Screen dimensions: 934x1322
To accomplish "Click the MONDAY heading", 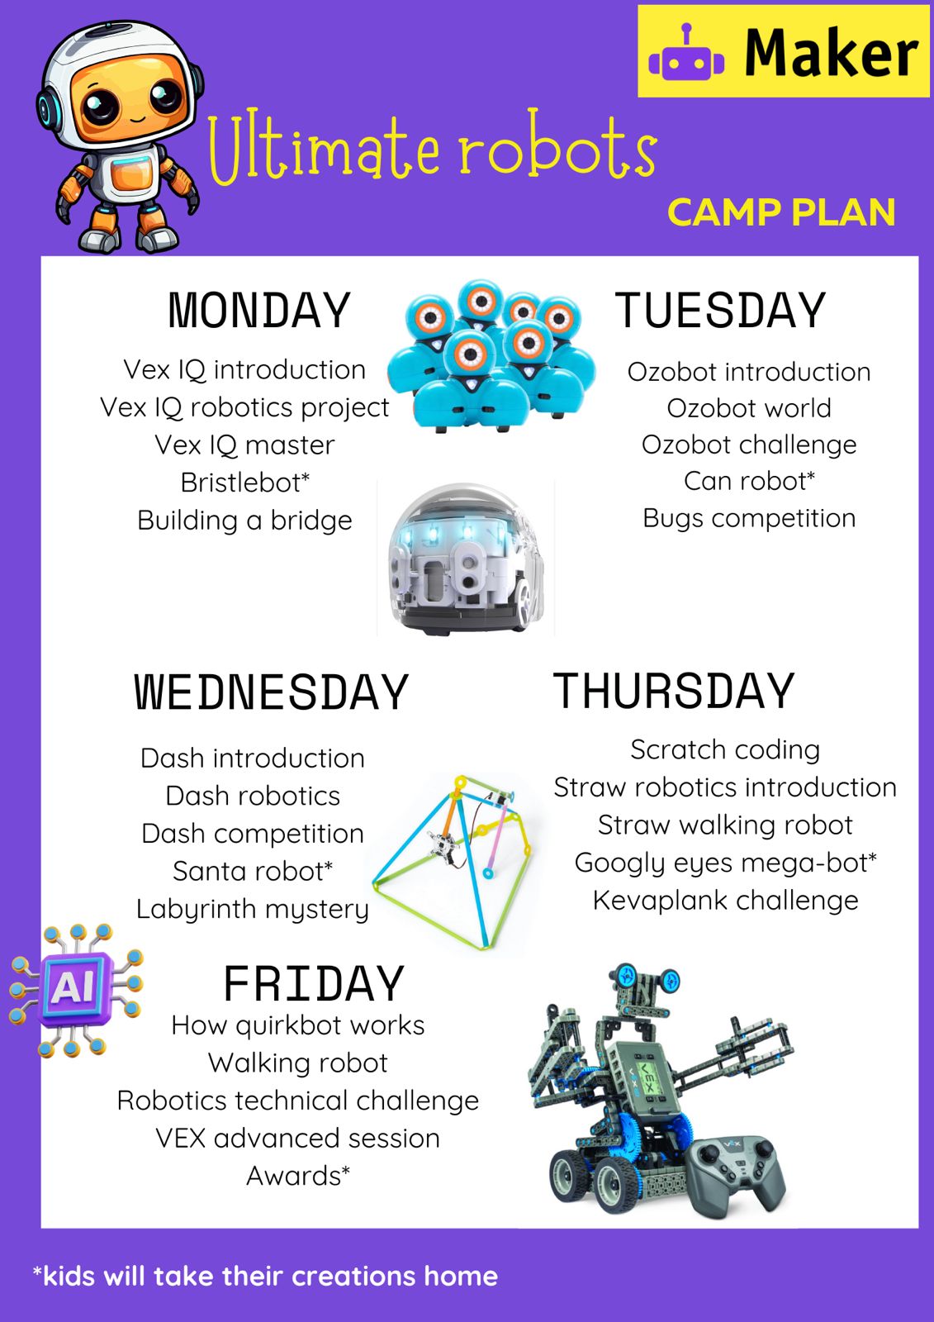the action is [x=259, y=311].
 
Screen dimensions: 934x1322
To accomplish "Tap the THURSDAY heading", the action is [x=674, y=691].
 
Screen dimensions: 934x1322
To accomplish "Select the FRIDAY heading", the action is [x=314, y=983].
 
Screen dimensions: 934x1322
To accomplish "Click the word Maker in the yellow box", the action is [x=832, y=53].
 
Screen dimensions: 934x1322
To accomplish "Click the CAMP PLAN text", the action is [x=781, y=212].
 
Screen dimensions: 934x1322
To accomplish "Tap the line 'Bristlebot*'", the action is [x=245, y=483].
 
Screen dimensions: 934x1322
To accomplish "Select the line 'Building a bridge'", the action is [x=245, y=521].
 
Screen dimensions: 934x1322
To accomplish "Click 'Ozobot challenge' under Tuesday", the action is [x=749, y=445].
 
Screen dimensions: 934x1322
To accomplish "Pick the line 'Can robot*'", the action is [x=749, y=481].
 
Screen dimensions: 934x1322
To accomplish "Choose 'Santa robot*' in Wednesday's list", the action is [x=253, y=871].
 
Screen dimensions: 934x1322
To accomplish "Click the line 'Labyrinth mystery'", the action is [x=253, y=910].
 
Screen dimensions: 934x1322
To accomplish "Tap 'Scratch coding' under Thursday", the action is [x=725, y=750].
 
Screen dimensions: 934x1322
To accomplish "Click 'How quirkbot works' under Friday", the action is [x=298, y=1025].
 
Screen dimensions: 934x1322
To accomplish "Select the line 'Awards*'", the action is [x=298, y=1177].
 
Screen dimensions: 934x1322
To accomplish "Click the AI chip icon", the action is [x=75, y=989].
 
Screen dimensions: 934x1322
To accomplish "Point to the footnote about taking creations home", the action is [x=266, y=1276].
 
